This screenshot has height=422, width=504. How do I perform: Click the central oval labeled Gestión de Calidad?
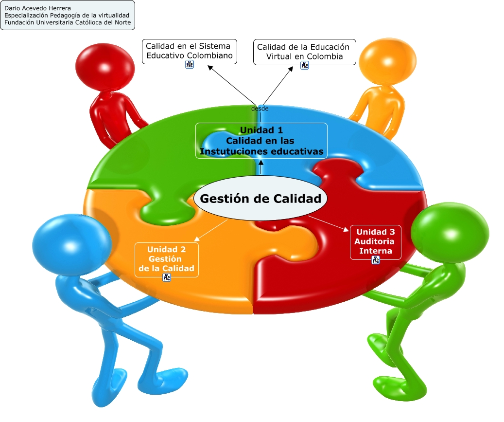click(261, 199)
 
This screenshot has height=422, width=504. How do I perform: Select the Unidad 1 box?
click(261, 141)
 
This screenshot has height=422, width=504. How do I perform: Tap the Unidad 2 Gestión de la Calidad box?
click(167, 258)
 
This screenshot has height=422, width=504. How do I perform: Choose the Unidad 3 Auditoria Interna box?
click(376, 242)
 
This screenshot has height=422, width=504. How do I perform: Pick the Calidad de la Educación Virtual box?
click(304, 52)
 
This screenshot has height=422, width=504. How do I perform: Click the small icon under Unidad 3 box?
click(376, 260)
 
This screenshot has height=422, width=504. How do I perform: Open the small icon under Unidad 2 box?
click(167, 277)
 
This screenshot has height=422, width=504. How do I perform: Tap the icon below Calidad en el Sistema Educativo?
click(190, 65)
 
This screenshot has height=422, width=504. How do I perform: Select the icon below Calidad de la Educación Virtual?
click(305, 65)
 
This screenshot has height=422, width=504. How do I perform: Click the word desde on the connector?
click(260, 109)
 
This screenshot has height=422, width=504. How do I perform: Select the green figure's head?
click(450, 231)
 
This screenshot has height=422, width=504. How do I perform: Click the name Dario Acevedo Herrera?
click(37, 9)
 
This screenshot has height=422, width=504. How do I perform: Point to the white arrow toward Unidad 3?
click(329, 223)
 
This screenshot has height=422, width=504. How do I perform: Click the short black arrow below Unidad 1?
click(261, 167)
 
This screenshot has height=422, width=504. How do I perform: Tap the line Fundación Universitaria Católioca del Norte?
click(67, 22)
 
